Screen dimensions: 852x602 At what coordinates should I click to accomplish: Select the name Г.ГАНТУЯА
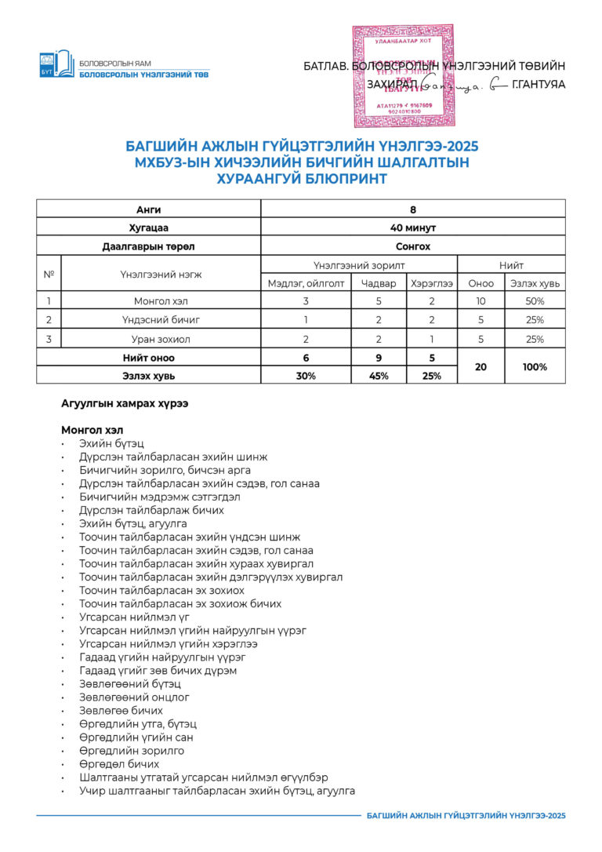click(538, 85)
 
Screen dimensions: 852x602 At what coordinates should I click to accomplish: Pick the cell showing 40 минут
click(412, 228)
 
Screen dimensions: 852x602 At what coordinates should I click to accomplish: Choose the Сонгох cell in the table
click(412, 246)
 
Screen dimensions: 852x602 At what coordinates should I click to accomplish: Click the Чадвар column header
click(378, 283)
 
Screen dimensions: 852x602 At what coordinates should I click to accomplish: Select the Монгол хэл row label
click(160, 300)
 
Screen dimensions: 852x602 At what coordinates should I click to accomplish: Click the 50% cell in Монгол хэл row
click(535, 300)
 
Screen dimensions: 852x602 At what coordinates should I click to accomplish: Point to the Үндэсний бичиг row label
click(160, 319)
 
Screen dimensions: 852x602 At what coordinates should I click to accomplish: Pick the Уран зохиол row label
click(160, 339)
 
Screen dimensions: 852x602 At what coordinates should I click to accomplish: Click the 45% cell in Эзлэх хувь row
click(378, 376)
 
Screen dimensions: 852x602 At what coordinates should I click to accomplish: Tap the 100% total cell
click(535, 366)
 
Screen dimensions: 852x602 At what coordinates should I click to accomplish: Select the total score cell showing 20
click(481, 366)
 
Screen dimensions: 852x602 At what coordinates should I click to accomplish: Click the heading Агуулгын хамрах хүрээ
click(124, 404)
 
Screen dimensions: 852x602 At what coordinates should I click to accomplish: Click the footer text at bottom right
click(466, 816)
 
